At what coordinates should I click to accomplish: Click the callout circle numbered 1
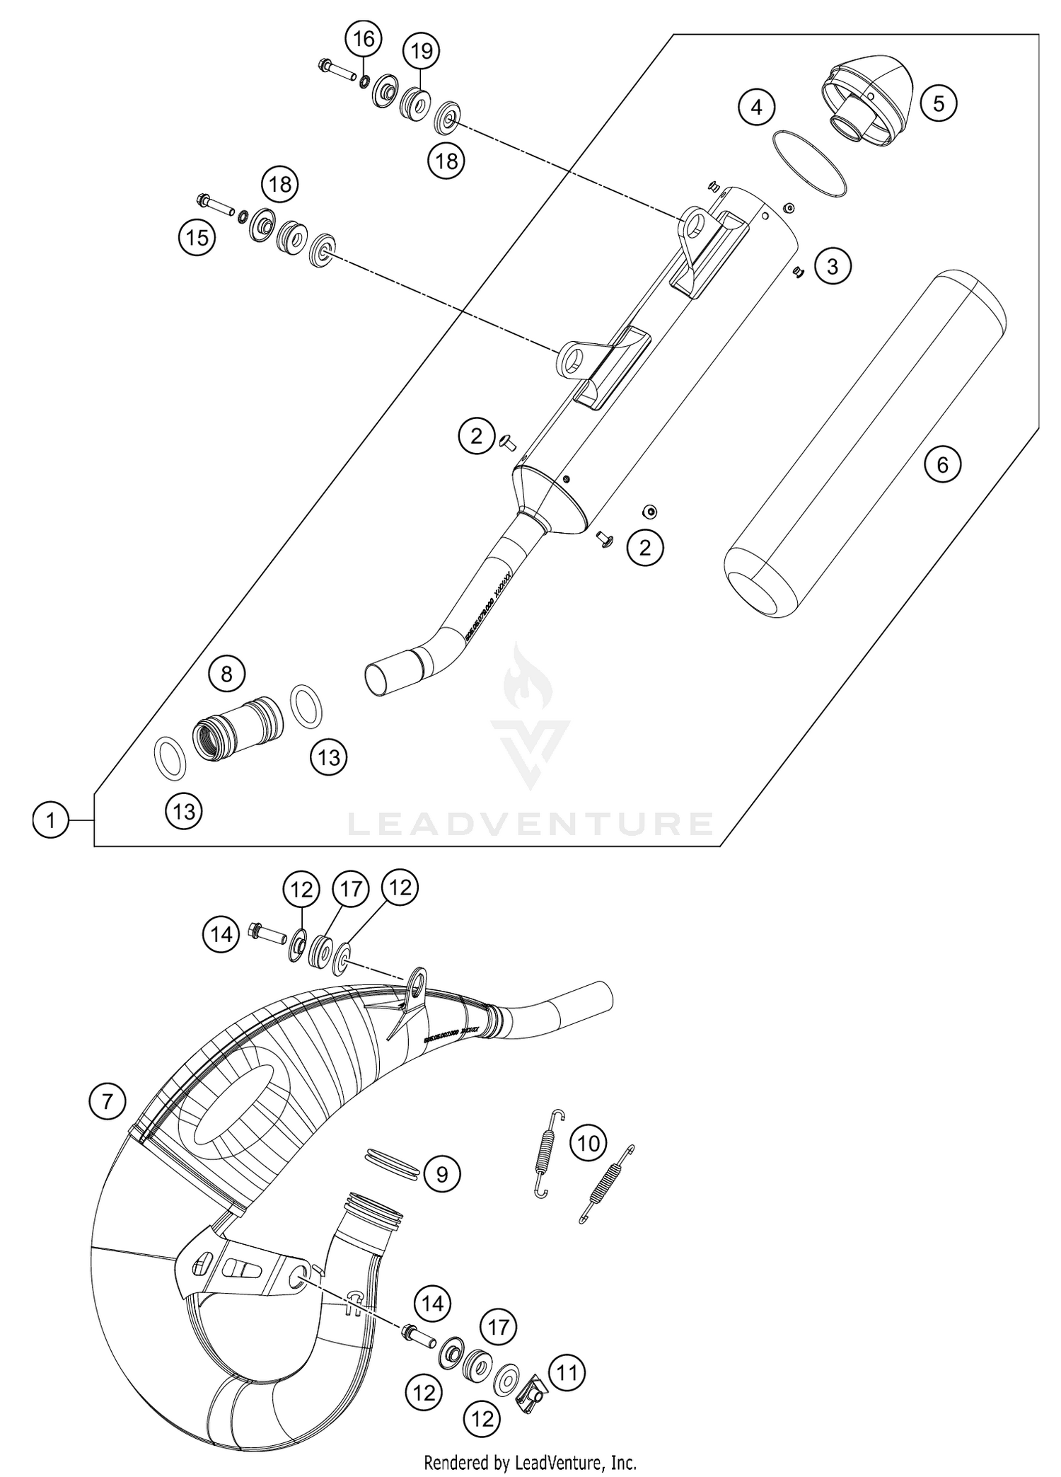pos(50,822)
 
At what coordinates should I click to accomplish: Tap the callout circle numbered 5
pos(939,104)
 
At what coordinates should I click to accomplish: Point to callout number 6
pos(942,464)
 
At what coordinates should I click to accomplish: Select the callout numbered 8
pos(226,673)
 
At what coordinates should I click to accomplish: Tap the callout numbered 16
pos(364,39)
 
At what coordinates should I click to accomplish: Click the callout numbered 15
pos(197,237)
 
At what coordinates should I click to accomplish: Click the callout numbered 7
pos(108,1101)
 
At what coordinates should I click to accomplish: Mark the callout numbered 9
pos(442,1175)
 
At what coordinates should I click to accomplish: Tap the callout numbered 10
pos(589,1143)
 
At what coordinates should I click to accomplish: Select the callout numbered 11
pos(567,1373)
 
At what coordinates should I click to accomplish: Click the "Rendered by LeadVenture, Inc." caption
pos(530,1461)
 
